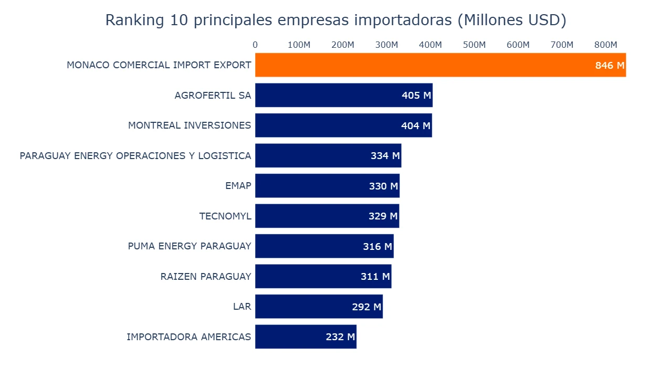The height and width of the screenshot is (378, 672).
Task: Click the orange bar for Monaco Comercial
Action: tap(420, 65)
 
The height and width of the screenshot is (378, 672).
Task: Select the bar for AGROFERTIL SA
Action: tap(325, 95)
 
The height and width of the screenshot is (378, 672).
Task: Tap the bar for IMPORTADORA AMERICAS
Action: tap(289, 337)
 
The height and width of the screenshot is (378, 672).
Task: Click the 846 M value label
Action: tap(610, 66)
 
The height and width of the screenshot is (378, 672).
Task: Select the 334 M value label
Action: tap(385, 156)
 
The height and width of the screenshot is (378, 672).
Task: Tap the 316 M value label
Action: tap(377, 246)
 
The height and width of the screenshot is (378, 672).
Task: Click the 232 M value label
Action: tap(340, 337)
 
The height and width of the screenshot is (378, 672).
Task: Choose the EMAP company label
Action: tap(238, 186)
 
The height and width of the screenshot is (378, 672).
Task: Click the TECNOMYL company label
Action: tap(225, 216)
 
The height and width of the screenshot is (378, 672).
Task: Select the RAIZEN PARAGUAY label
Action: tap(206, 277)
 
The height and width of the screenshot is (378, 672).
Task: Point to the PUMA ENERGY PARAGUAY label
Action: tap(190, 246)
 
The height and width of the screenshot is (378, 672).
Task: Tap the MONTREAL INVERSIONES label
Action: tap(190, 125)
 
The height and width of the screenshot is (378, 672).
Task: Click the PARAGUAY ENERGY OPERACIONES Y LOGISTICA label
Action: tap(135, 156)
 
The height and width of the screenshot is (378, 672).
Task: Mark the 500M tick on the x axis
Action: tap(474, 45)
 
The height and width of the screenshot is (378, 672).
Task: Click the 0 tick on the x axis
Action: tap(255, 45)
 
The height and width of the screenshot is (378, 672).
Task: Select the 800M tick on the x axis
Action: tap(605, 45)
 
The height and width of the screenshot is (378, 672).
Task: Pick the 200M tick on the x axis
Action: tap(343, 45)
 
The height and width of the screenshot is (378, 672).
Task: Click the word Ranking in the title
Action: tap(135, 20)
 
